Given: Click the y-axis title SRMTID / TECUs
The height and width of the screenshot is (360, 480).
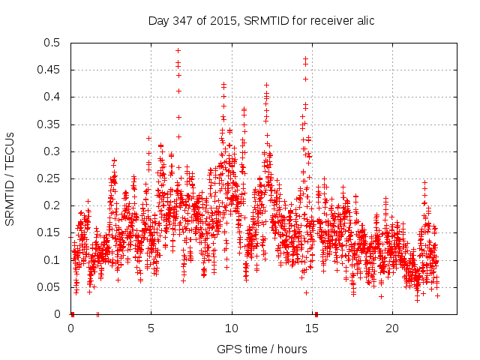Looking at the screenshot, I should coord(10,178).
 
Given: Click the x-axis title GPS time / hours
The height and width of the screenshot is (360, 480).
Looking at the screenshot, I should coord(261,349).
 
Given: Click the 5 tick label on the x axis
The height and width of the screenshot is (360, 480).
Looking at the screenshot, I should coord(151,328).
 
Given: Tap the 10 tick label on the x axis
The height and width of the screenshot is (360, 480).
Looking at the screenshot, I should coord(232,328).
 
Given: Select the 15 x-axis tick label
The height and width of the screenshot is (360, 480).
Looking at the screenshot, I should coord(312,328).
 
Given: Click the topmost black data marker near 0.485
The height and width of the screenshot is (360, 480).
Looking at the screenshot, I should coord(178,51).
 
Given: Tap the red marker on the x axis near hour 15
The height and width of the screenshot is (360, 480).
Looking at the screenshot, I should coord(316,314).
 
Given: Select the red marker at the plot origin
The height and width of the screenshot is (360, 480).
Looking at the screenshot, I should coord(72,314).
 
